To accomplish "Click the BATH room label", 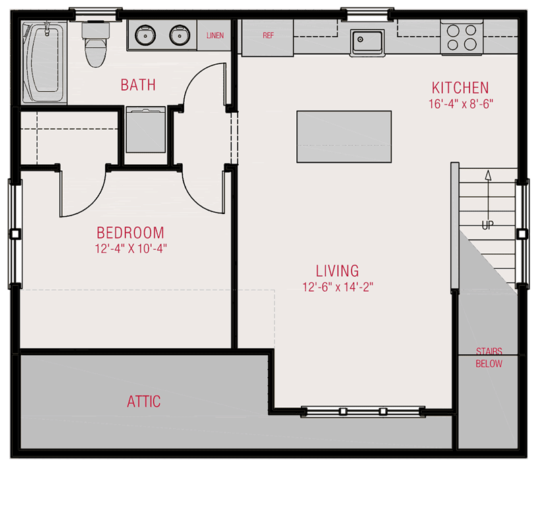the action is click(x=138, y=85).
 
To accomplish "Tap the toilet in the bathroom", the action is click(x=96, y=45).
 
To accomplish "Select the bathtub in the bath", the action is click(x=45, y=63).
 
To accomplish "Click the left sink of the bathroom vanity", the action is click(x=146, y=35).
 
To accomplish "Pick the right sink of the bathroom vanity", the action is click(x=180, y=35).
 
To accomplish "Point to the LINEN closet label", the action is click(x=215, y=35).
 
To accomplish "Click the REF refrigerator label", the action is click(x=268, y=35).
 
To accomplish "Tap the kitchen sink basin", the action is click(x=367, y=42).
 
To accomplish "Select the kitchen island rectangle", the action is click(x=344, y=136).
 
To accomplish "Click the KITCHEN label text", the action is click(x=460, y=88).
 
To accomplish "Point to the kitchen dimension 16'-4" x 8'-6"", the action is click(x=461, y=104).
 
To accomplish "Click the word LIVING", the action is click(x=337, y=271).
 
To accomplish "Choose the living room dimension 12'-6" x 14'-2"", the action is click(x=337, y=287).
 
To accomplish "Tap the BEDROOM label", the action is click(x=131, y=233).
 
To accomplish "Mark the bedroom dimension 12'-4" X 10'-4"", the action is click(x=131, y=249).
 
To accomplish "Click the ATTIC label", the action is click(x=144, y=402).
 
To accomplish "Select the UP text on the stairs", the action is click(x=488, y=226).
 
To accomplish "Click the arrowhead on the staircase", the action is click(x=488, y=176).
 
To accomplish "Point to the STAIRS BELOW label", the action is click(x=489, y=357).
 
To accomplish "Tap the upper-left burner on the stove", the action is click(x=453, y=30).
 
